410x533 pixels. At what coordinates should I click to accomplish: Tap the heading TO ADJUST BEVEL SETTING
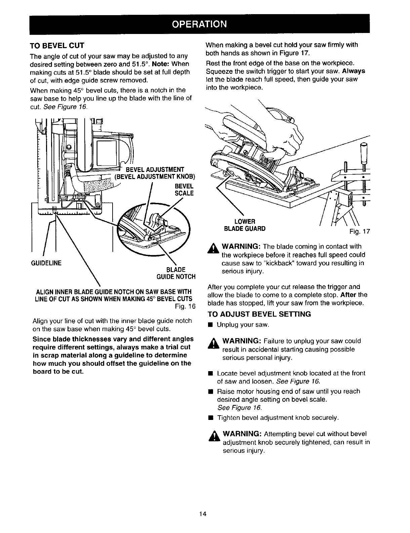point(259,314)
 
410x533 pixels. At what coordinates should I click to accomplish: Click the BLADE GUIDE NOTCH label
point(176,273)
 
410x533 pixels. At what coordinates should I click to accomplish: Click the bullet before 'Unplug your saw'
point(210,325)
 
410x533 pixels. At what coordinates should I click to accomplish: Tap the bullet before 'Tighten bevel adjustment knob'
point(210,418)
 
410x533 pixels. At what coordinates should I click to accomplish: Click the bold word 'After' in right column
point(348,295)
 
